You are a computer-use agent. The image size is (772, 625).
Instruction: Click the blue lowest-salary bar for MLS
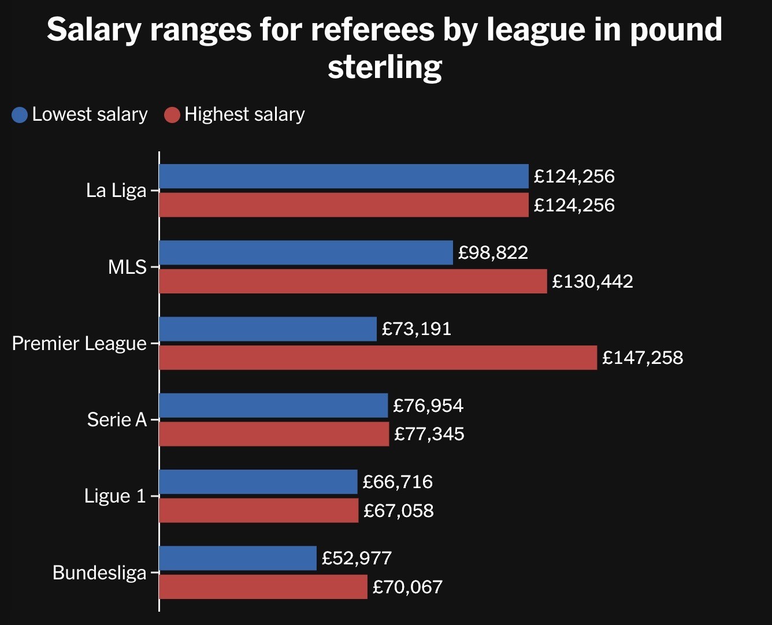click(306, 252)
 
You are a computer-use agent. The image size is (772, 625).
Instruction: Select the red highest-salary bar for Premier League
click(378, 358)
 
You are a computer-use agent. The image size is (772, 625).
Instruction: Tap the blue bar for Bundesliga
click(237, 558)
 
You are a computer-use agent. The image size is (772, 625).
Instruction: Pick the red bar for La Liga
click(343, 205)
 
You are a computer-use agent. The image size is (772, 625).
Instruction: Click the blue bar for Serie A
click(273, 405)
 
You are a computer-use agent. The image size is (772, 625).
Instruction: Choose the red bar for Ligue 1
click(258, 511)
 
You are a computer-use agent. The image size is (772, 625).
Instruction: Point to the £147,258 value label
click(643, 358)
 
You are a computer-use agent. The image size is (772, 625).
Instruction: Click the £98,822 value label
click(493, 252)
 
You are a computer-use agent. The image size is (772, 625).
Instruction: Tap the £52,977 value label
click(357, 558)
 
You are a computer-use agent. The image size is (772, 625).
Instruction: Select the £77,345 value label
click(429, 434)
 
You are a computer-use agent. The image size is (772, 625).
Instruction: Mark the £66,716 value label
click(398, 482)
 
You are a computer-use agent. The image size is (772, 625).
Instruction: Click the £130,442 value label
click(592, 281)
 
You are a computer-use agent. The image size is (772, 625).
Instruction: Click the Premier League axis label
click(79, 343)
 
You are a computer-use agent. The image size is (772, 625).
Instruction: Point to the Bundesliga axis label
click(99, 572)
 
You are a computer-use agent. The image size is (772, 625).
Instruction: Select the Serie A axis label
click(117, 419)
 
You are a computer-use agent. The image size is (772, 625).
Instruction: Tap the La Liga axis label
click(116, 190)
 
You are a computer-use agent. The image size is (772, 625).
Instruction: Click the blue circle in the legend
click(20, 114)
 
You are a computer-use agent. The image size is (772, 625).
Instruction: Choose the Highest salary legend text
click(244, 114)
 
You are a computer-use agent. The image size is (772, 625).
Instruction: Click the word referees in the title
click(373, 29)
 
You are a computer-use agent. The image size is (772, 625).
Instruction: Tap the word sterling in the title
click(385, 67)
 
